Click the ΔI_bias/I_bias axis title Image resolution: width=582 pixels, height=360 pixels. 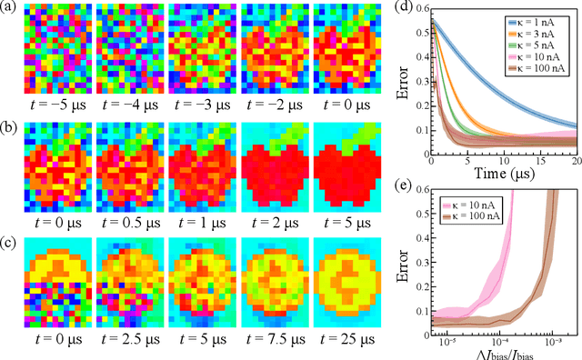point(499,350)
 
